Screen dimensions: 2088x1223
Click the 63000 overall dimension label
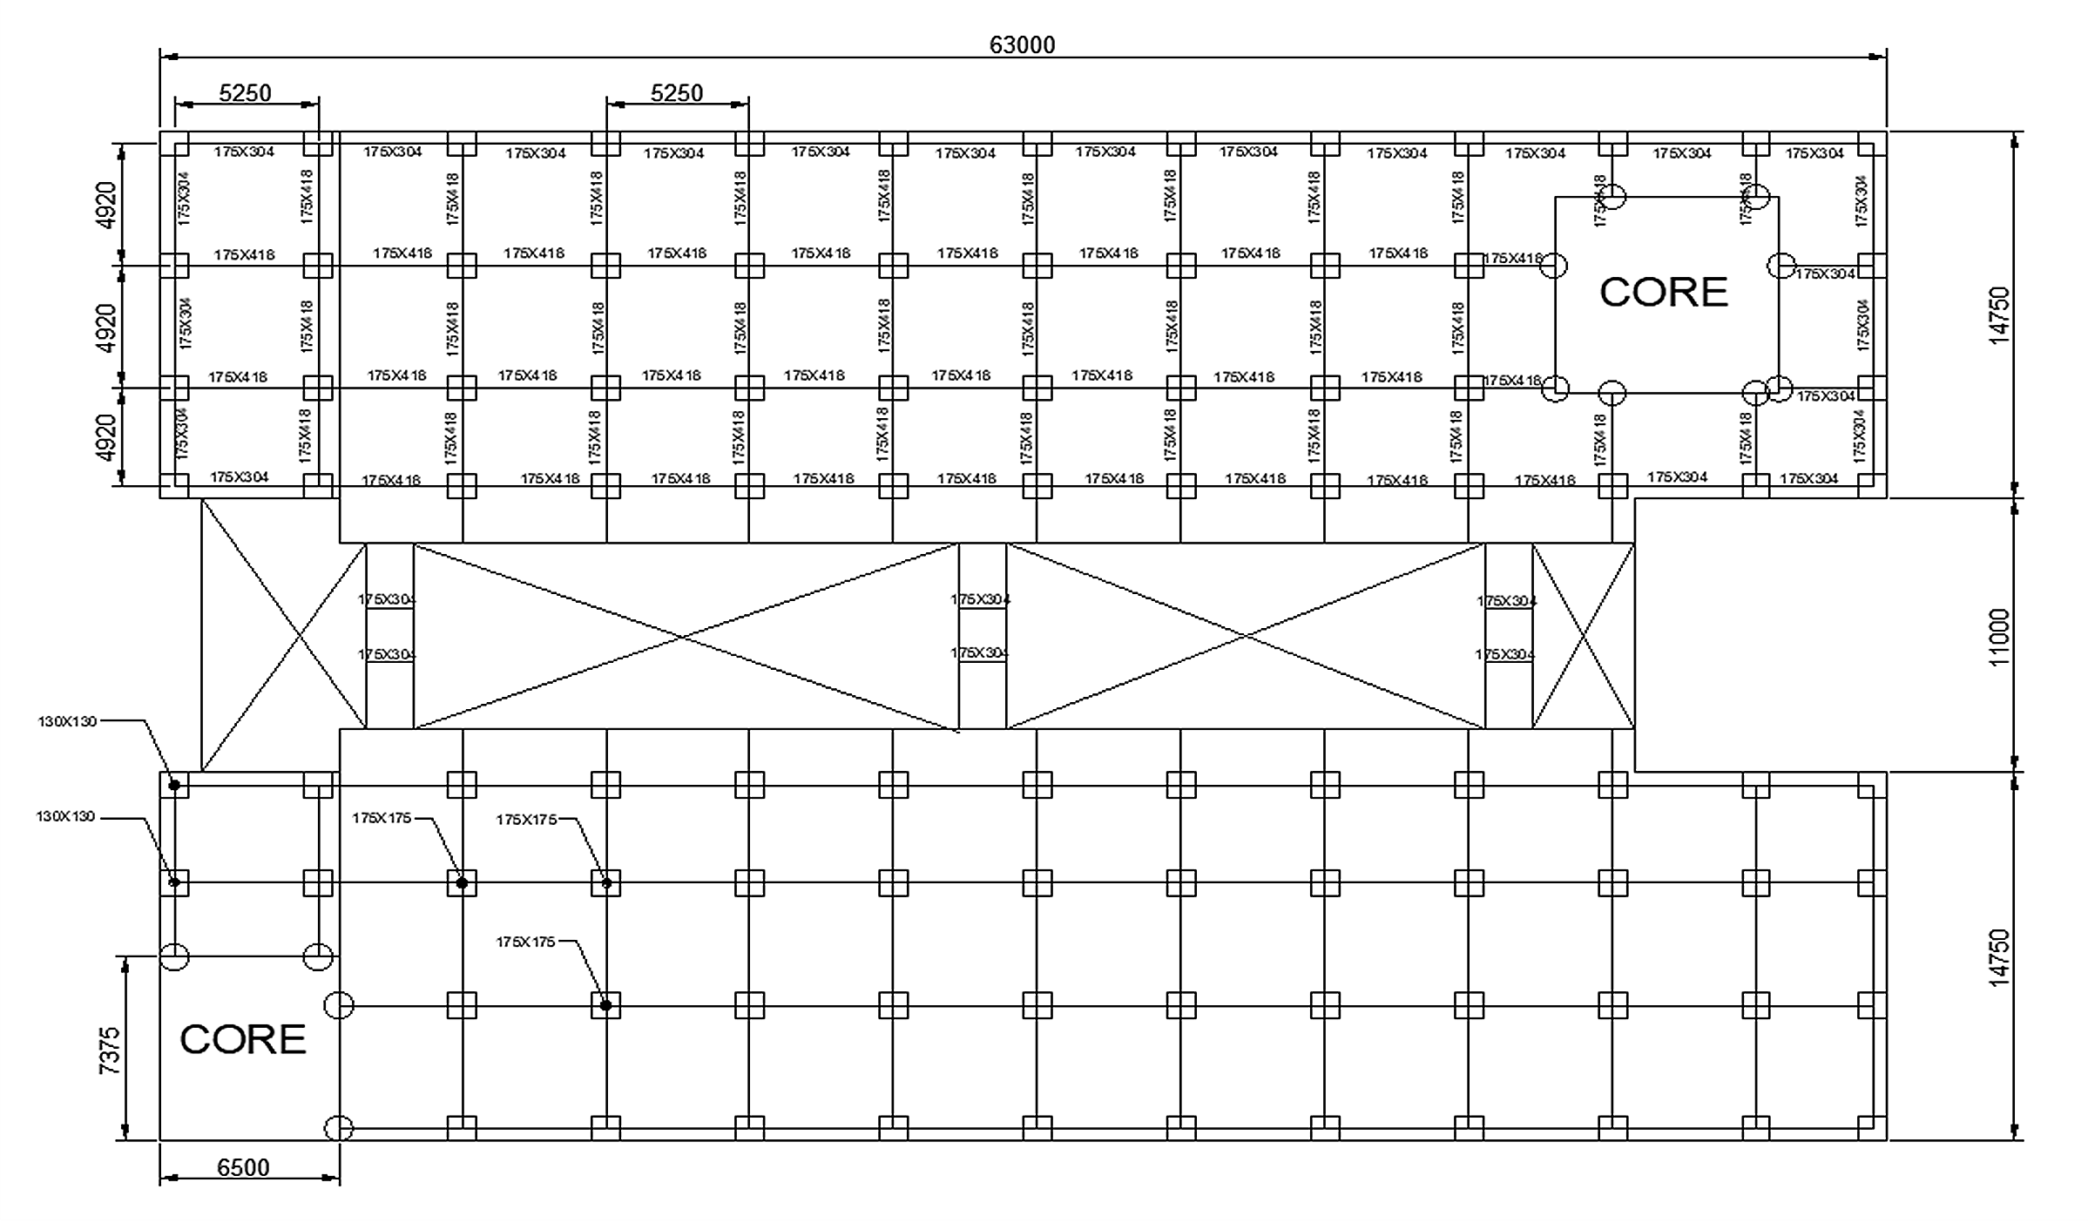(x=1022, y=44)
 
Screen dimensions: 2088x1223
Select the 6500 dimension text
(x=243, y=1167)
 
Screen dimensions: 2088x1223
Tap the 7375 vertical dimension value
(x=110, y=1050)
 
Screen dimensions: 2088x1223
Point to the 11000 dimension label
(x=2000, y=637)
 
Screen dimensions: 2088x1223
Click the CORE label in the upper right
(x=1664, y=292)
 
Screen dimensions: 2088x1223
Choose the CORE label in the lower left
(x=243, y=1039)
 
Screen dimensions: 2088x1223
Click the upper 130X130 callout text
(x=67, y=721)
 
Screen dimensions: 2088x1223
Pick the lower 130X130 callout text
(x=65, y=817)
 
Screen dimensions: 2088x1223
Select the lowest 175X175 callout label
(x=525, y=942)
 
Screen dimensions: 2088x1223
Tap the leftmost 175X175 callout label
(x=382, y=818)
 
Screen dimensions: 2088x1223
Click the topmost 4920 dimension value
(x=106, y=205)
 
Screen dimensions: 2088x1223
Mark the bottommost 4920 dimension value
(x=106, y=437)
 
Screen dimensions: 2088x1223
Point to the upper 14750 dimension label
(x=2000, y=315)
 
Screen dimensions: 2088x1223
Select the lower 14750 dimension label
(x=2000, y=957)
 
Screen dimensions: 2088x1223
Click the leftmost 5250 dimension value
(x=245, y=92)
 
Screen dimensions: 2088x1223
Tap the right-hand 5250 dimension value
(x=677, y=92)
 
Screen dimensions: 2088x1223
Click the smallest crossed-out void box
(x=1583, y=636)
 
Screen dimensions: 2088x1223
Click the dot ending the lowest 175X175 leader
(x=605, y=1005)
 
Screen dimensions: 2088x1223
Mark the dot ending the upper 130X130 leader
(x=174, y=785)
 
